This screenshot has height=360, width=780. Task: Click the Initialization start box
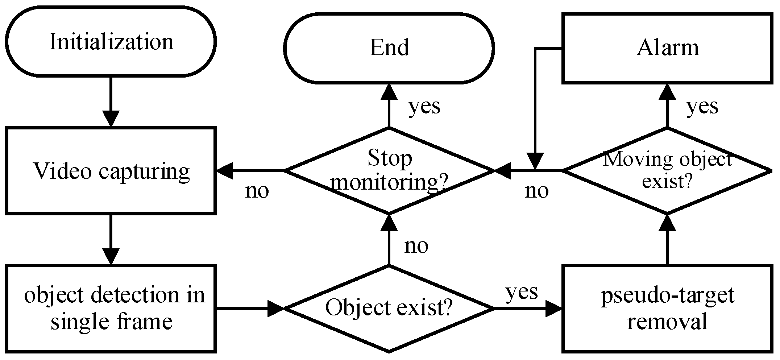click(x=111, y=42)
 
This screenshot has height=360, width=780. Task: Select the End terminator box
click(x=389, y=48)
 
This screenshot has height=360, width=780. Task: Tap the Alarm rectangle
click(x=667, y=48)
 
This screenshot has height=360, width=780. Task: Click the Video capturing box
click(x=111, y=170)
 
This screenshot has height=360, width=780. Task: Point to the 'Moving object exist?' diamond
click(x=667, y=170)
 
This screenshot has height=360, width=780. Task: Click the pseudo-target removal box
click(x=667, y=308)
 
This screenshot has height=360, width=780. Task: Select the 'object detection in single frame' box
click(x=111, y=308)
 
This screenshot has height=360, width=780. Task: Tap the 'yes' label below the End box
click(x=424, y=106)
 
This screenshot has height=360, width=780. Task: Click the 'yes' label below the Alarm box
click(x=702, y=106)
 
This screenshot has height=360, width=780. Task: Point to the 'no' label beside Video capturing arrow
click(x=257, y=191)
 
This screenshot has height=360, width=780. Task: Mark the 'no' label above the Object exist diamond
click(x=416, y=246)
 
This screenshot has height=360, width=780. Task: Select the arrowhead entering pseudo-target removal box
click(x=554, y=309)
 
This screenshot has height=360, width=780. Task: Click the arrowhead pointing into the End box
click(x=389, y=92)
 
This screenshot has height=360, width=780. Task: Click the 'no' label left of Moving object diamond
click(x=536, y=191)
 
